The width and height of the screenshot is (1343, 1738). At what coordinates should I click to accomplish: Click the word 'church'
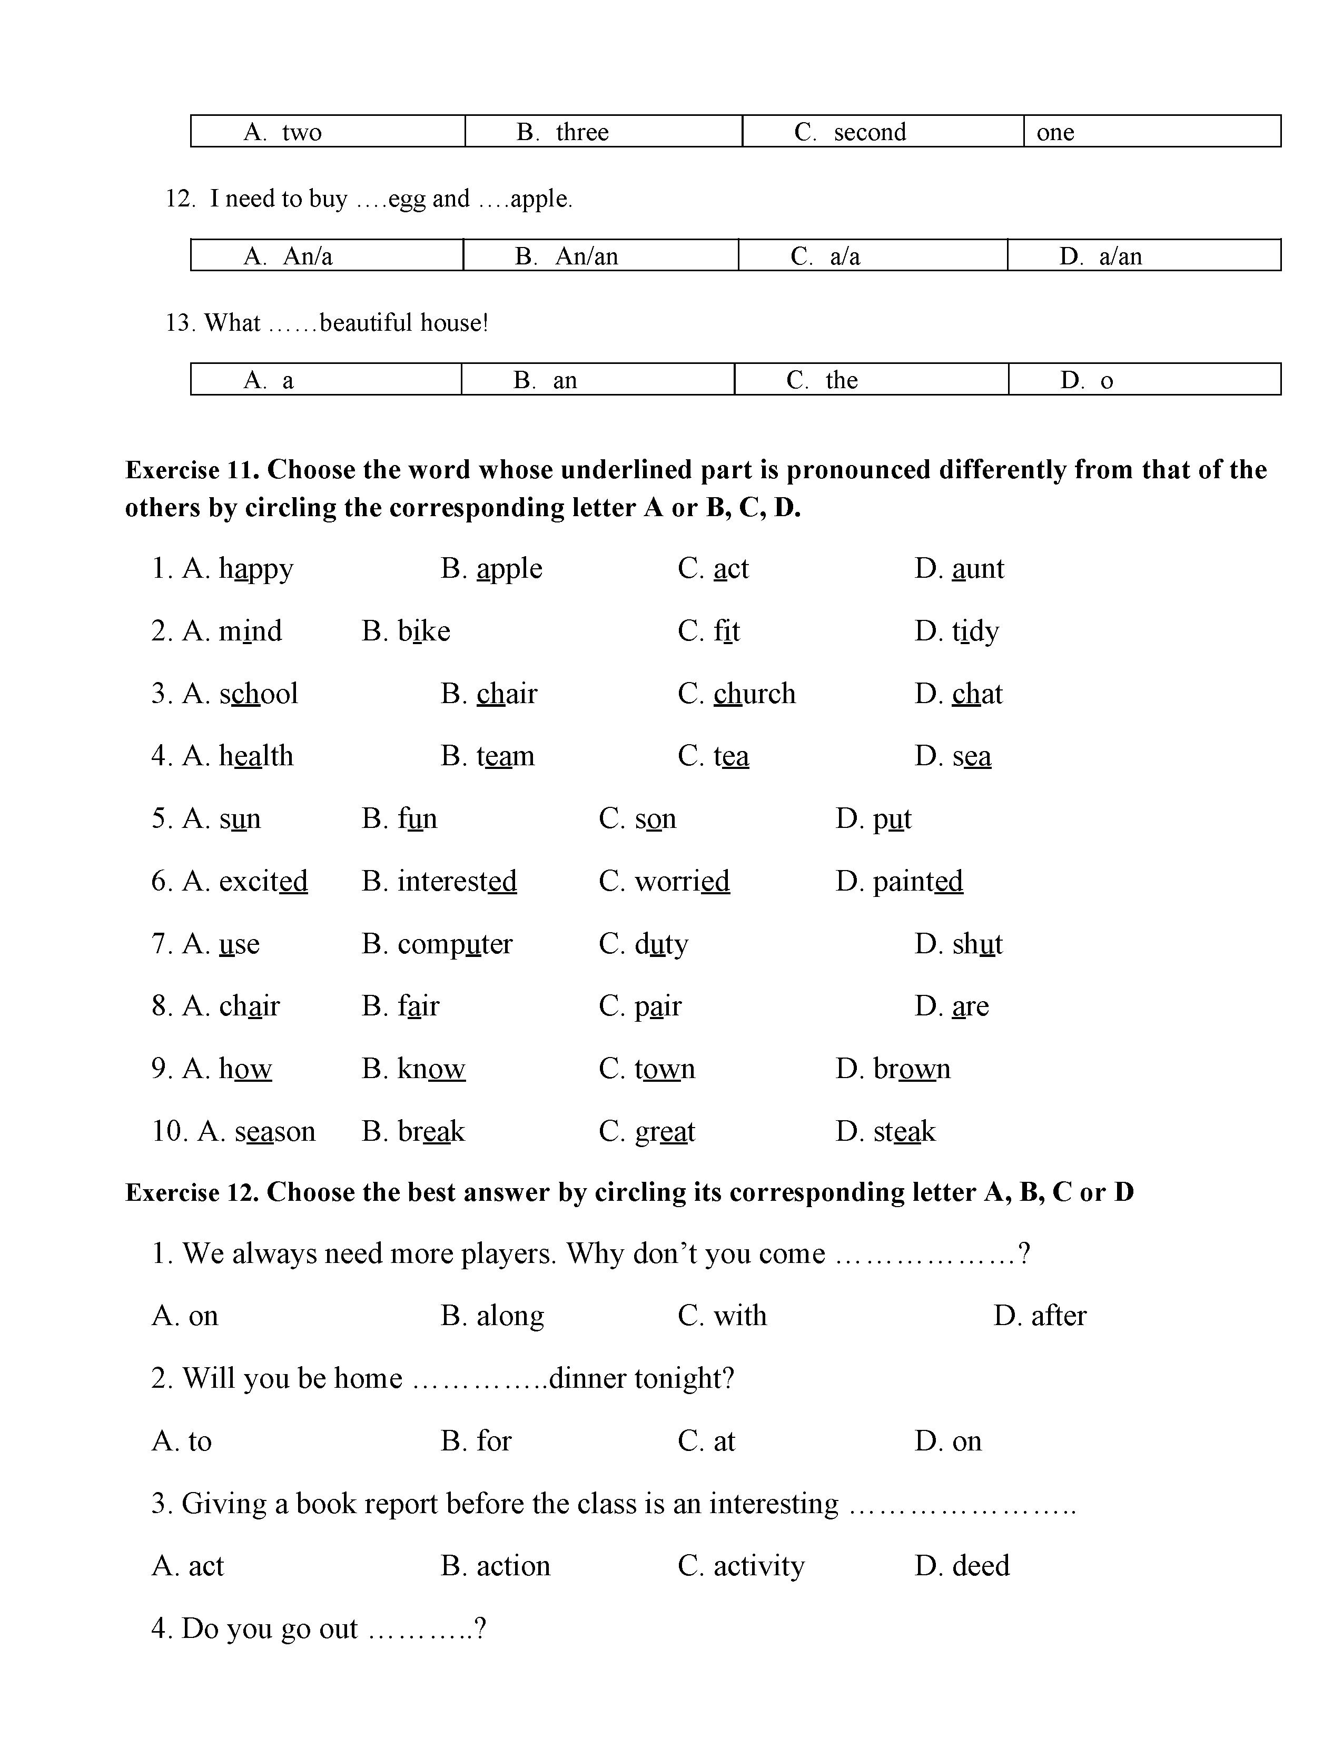pyautogui.click(x=754, y=694)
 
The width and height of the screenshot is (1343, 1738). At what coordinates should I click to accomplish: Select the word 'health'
pyautogui.click(x=256, y=756)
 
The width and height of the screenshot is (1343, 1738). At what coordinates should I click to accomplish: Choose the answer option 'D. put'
pyautogui.click(x=873, y=819)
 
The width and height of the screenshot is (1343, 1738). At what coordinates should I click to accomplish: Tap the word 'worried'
pyautogui.click(x=682, y=882)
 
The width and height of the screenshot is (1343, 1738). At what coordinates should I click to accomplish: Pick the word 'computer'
pyautogui.click(x=455, y=945)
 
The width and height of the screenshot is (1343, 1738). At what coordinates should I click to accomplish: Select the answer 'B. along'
pyautogui.click(x=492, y=1316)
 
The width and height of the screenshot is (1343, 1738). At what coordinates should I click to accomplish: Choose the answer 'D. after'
pyautogui.click(x=1039, y=1316)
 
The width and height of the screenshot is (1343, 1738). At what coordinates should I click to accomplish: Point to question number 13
pyautogui.click(x=180, y=323)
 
